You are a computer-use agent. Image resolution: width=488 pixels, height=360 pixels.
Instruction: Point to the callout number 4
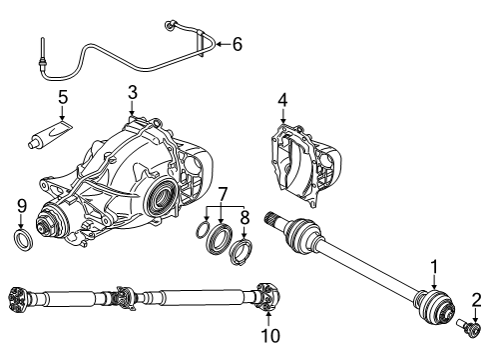pos(282,100)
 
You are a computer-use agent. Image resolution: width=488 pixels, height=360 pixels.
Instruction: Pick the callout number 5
pos(62,99)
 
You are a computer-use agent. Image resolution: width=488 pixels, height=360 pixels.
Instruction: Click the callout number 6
pos(237,43)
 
